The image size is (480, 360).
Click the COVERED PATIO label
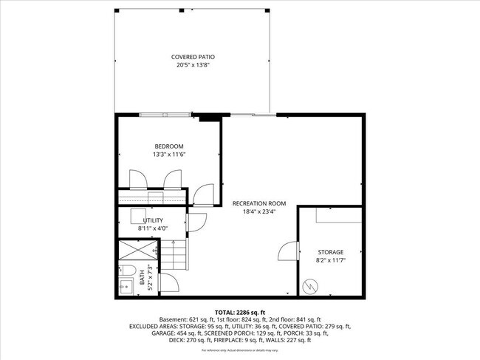point(193,57)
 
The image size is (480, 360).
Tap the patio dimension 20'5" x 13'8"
point(193,65)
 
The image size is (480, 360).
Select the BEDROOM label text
point(168,146)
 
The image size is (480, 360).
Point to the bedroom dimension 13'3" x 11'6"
point(168,154)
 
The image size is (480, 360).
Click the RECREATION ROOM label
point(258,203)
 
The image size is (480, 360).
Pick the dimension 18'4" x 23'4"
point(258,211)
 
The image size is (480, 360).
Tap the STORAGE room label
point(331,252)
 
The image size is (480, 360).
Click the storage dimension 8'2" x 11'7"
point(331,260)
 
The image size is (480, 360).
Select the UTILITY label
point(153,220)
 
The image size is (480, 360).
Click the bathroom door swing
point(168,282)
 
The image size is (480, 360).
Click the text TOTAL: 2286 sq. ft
point(239,312)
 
